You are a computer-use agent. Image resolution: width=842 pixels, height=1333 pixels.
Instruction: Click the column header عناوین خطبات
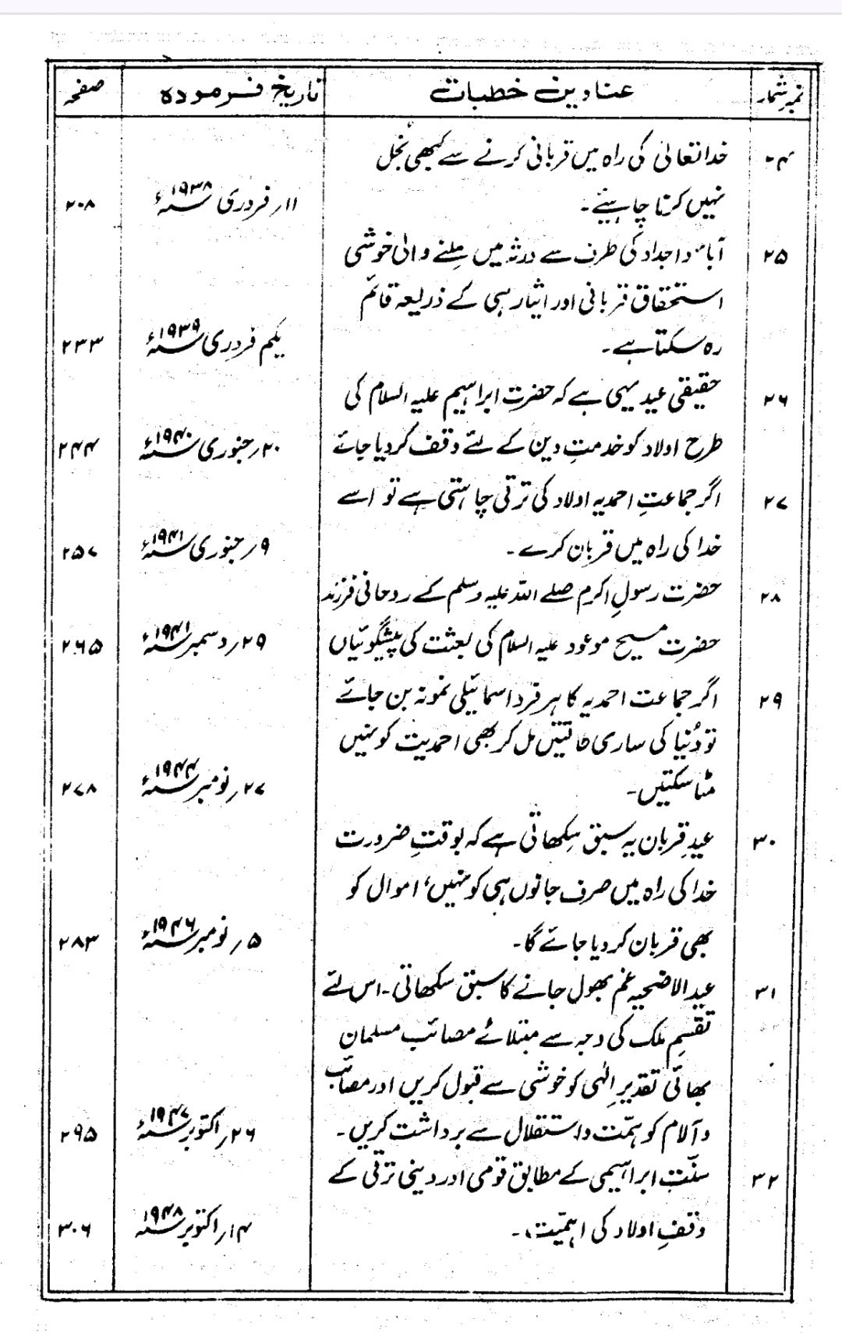pos(533,92)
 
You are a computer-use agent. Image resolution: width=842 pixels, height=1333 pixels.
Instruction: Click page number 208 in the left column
pos(80,209)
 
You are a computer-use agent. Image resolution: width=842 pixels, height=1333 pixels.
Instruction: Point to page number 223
pos(80,343)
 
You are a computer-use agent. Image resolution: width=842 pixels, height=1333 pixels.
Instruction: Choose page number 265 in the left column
pos(80,646)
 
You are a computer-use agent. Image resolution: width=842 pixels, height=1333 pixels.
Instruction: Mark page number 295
pos(80,1135)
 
